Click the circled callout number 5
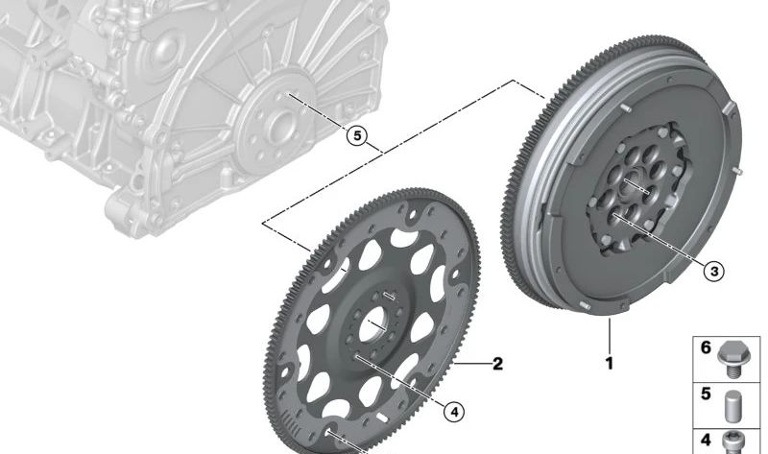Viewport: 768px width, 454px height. [x=357, y=136]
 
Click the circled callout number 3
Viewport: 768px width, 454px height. [x=712, y=272]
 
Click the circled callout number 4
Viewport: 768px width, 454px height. [x=454, y=411]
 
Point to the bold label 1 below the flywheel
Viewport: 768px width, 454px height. [x=609, y=364]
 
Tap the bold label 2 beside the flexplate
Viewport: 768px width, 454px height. [x=497, y=364]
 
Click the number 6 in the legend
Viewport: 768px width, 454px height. [x=706, y=347]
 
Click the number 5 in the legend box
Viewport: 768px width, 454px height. [x=706, y=393]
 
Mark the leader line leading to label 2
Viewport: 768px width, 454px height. [x=470, y=365]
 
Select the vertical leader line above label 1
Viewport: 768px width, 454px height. [x=609, y=336]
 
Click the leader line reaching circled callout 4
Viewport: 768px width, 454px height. [x=403, y=384]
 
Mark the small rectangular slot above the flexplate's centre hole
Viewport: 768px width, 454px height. [x=388, y=295]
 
